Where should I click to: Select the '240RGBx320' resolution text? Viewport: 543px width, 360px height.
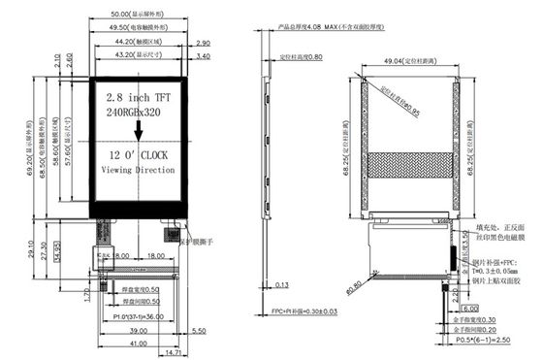tap(135, 114)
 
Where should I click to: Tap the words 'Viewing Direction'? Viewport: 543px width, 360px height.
tap(138, 170)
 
